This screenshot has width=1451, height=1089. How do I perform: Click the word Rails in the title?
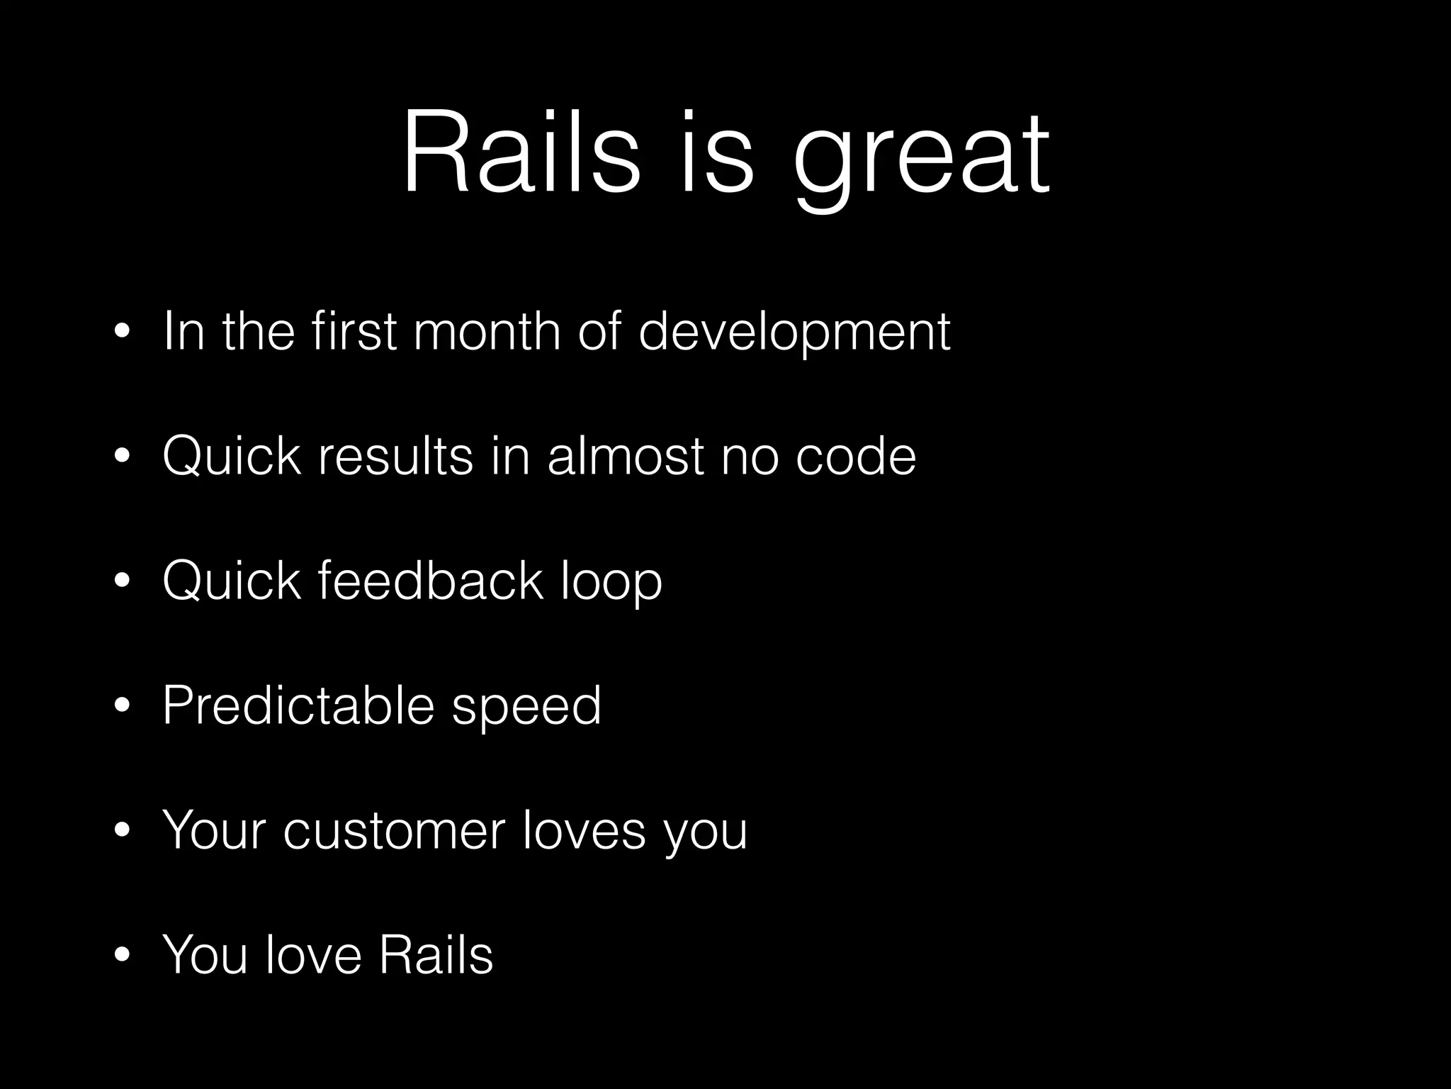coord(521,152)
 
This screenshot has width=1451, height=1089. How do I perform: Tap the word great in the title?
coord(921,160)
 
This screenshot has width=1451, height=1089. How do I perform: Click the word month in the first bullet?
coord(487,331)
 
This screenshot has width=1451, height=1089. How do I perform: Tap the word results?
coord(395,456)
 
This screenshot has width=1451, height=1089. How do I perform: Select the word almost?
coord(626,456)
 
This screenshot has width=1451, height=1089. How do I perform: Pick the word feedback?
coord(430,581)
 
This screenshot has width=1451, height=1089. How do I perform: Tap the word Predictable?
coord(298,705)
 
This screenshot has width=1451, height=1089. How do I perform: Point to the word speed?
coord(526,708)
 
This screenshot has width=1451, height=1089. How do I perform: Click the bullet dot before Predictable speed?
coord(123,707)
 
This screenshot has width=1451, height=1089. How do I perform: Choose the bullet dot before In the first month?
coord(123,333)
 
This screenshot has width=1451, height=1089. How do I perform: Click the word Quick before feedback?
coord(231,581)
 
